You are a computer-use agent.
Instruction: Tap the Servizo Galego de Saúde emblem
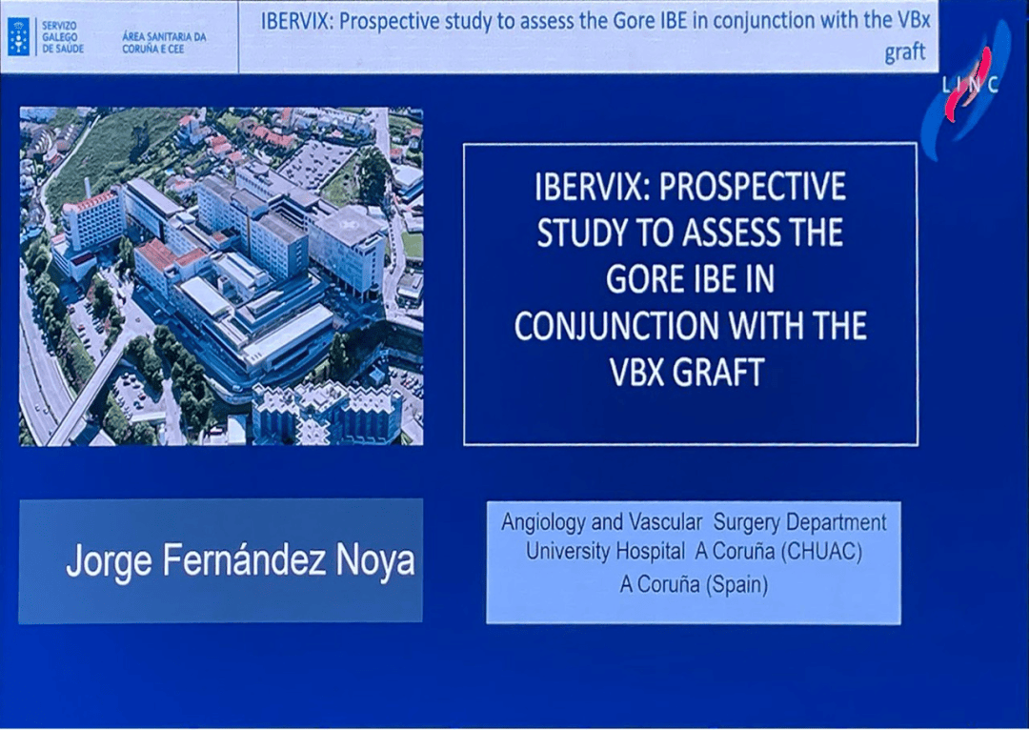coord(17,35)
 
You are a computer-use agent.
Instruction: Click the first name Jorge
coord(106,560)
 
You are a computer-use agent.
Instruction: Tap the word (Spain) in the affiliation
coord(735,583)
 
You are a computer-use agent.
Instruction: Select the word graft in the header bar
coord(904,52)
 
